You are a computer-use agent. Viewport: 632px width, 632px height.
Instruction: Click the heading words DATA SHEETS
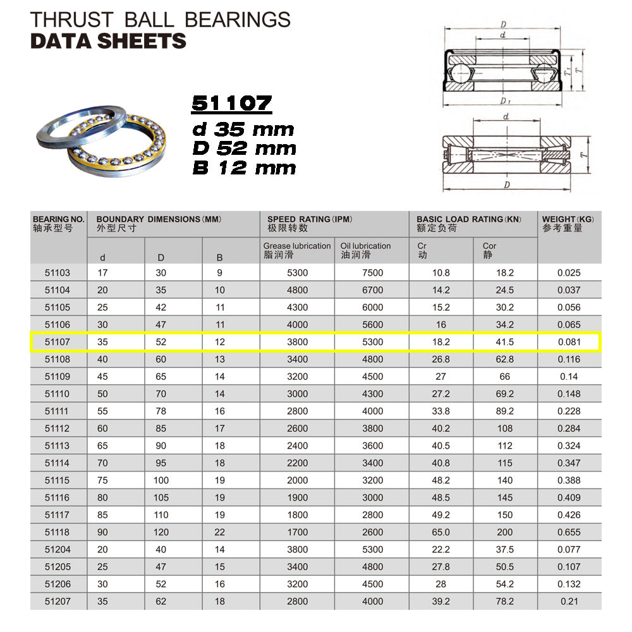(x=108, y=41)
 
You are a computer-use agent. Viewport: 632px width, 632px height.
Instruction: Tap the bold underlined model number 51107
(x=232, y=104)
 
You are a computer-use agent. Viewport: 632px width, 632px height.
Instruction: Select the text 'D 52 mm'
(x=244, y=149)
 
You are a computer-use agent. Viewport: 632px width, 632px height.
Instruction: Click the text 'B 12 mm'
(x=244, y=168)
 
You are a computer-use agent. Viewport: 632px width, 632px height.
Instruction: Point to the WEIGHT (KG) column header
(x=568, y=220)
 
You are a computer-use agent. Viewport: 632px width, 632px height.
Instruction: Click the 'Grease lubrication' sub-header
(x=297, y=246)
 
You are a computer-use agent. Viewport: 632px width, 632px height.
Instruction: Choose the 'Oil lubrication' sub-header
(x=365, y=246)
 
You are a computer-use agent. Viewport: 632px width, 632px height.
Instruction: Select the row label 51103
(x=58, y=273)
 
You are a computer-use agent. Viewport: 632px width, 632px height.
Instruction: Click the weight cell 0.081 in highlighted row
(x=569, y=342)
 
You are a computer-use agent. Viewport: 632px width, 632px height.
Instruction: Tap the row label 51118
(x=58, y=532)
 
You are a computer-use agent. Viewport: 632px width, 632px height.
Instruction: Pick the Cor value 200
(x=505, y=532)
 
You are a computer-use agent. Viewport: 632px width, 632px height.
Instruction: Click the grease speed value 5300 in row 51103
(x=296, y=273)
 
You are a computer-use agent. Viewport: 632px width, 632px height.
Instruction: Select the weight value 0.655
(x=569, y=532)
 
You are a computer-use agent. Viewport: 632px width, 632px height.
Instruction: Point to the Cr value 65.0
(x=441, y=532)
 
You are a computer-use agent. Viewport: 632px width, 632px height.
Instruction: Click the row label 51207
(x=58, y=601)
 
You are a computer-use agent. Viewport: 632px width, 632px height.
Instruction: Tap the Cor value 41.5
(x=505, y=342)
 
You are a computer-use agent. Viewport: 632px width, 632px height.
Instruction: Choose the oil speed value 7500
(x=372, y=273)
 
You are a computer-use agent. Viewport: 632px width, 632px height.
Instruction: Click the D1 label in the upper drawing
(x=504, y=100)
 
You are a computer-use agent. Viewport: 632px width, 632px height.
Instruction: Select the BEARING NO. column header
(x=58, y=220)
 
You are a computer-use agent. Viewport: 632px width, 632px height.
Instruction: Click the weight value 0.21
(x=569, y=601)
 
